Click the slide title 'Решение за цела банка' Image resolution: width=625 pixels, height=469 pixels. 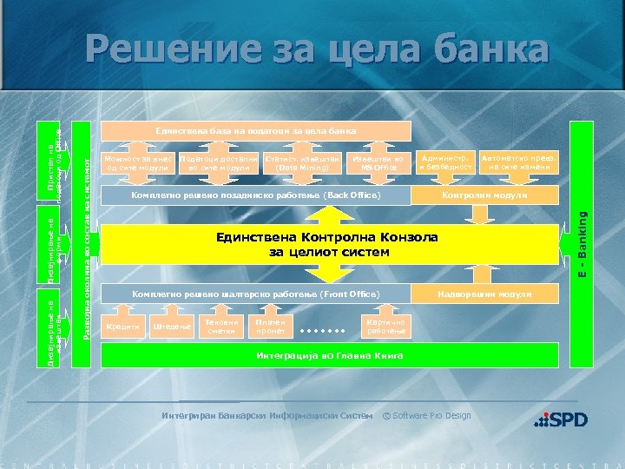tap(317, 50)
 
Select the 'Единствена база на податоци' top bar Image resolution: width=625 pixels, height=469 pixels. tap(256, 131)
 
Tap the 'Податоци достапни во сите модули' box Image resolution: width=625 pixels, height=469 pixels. tap(218, 163)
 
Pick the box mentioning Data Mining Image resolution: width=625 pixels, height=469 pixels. tap(296, 163)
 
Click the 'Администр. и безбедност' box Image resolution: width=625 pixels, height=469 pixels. tap(445, 163)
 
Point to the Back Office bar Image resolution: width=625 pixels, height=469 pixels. tap(256, 195)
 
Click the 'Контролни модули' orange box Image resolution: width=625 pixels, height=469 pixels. tap(484, 196)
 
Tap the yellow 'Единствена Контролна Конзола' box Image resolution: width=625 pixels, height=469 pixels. tap(328, 245)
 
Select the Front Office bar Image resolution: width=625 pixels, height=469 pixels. tap(256, 294)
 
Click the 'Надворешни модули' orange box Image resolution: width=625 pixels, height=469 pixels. tap(484, 294)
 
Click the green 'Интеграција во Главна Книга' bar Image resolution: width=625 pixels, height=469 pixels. tap(328, 356)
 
